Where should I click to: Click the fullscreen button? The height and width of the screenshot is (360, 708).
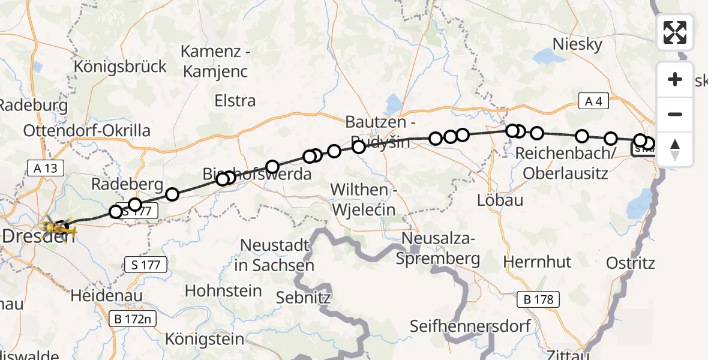(x=675, y=32)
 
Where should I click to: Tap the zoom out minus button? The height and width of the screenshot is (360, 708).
(x=675, y=115)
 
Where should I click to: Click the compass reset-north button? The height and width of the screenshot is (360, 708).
(x=675, y=149)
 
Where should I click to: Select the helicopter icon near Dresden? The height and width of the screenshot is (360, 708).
(x=62, y=228)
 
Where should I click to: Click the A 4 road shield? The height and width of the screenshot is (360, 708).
(x=593, y=102)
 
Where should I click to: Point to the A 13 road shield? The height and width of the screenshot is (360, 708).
(x=46, y=168)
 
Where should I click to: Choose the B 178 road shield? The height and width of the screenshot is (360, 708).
(x=541, y=299)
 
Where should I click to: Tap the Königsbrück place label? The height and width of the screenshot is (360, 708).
(x=120, y=67)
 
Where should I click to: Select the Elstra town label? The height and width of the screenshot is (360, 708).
(x=235, y=101)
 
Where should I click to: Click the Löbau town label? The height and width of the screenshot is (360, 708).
(x=500, y=200)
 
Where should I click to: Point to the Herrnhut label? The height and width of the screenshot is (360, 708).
(x=537, y=262)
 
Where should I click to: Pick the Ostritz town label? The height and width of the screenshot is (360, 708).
(x=630, y=263)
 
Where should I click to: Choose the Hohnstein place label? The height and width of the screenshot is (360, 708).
(x=223, y=291)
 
